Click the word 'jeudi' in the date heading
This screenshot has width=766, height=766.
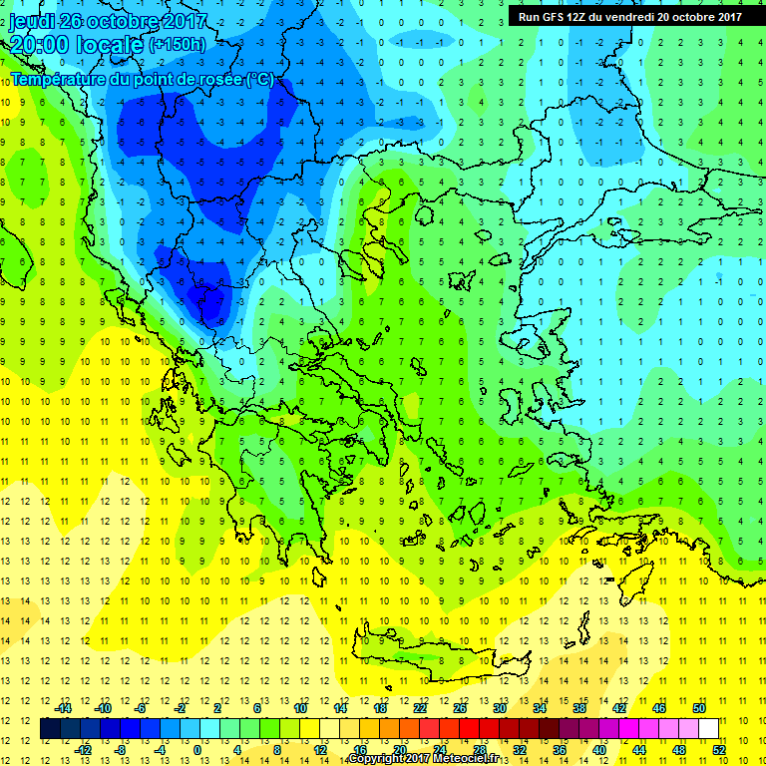tap(32, 21)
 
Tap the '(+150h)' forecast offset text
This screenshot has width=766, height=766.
tap(178, 44)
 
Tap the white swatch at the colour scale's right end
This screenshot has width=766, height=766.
tap(708, 729)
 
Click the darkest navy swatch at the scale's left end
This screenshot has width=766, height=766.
tap(50, 729)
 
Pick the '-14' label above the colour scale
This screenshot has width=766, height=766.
tap(62, 708)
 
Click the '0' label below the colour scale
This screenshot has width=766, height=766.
tap(196, 750)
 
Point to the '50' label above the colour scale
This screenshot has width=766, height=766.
tap(699, 708)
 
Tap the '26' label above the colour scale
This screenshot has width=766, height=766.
tap(460, 708)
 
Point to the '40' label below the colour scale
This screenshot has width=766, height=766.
tap(599, 750)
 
